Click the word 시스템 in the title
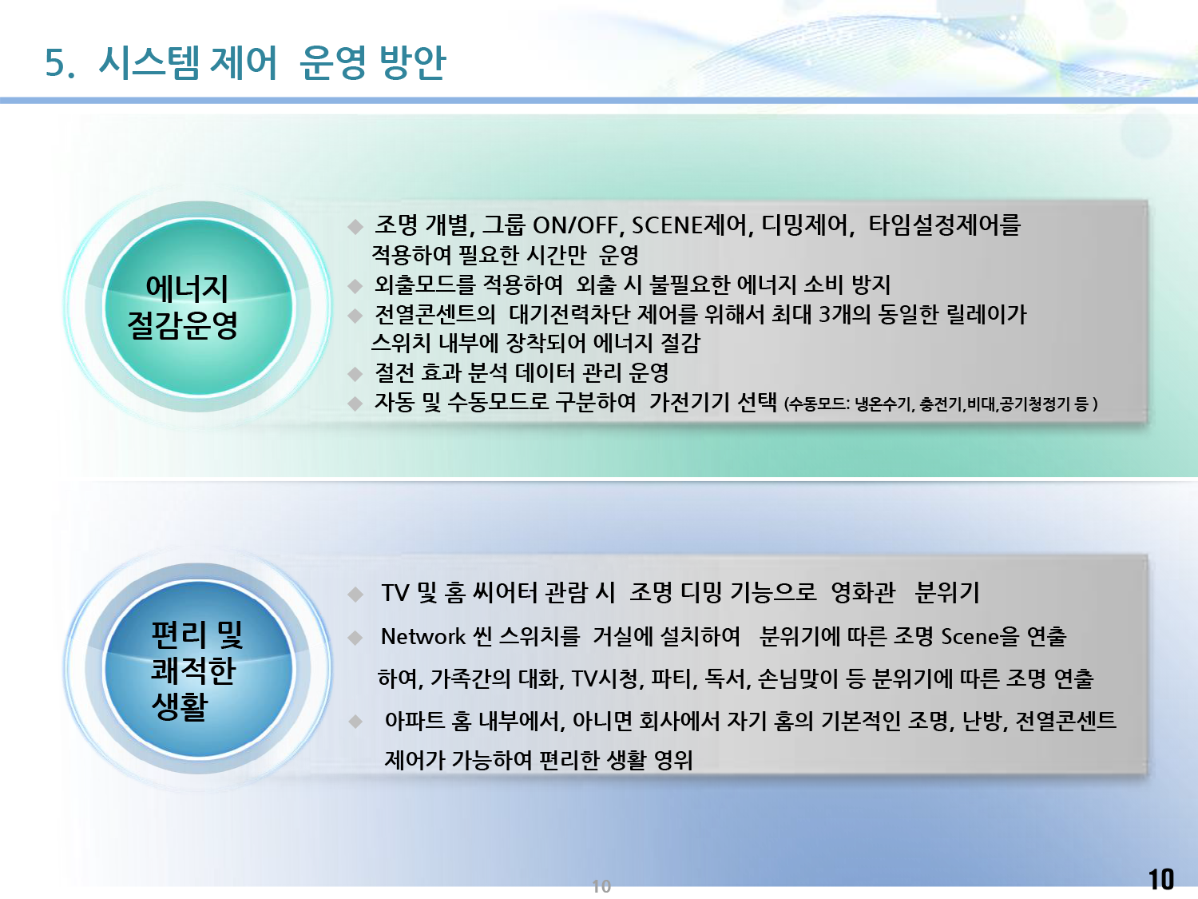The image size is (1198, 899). pyautogui.click(x=149, y=63)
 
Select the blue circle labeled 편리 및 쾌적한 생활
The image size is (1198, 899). pyautogui.click(x=198, y=669)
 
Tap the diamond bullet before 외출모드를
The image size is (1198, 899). pyautogui.click(x=355, y=285)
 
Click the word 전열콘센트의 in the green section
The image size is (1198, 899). pyautogui.click(x=435, y=314)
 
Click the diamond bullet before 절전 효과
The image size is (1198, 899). pyautogui.click(x=355, y=374)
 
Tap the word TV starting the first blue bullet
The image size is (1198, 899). pyautogui.click(x=395, y=593)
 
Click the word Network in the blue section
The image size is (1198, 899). pyautogui.click(x=423, y=636)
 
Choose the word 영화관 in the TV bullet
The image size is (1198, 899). pyautogui.click(x=863, y=593)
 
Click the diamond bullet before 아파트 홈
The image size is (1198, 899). pyautogui.click(x=355, y=722)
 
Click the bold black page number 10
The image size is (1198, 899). pyautogui.click(x=1161, y=879)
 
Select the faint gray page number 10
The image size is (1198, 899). pyautogui.click(x=601, y=886)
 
